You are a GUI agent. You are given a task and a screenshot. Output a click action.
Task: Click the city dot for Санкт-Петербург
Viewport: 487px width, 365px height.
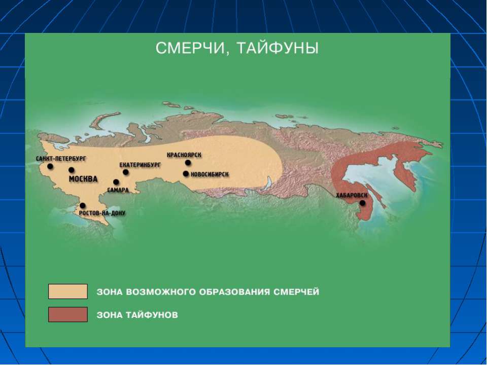[x=50, y=166]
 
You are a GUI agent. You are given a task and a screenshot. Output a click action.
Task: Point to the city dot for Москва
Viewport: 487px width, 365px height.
[x=72, y=170]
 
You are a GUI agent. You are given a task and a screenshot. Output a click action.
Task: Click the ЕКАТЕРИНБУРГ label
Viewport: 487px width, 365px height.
[x=140, y=165]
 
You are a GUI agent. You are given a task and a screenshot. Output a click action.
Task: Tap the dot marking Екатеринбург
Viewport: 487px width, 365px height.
[x=126, y=172]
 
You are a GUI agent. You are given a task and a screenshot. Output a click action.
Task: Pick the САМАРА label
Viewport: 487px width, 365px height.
[x=118, y=190]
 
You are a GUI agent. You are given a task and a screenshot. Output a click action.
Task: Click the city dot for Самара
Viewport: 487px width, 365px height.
[x=116, y=182]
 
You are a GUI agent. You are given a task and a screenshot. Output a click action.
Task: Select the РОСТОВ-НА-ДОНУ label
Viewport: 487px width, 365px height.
[x=102, y=213]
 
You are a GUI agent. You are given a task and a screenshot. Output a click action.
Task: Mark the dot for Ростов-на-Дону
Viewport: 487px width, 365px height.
[x=83, y=206]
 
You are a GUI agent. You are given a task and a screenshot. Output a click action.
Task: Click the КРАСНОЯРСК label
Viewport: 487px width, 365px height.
[x=185, y=155]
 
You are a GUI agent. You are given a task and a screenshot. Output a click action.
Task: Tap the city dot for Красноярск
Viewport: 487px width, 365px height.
[x=188, y=163]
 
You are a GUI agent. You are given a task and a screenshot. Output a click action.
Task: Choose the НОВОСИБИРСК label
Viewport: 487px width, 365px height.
[x=210, y=174]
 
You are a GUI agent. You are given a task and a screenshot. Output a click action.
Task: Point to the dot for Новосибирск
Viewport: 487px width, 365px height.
[x=186, y=174]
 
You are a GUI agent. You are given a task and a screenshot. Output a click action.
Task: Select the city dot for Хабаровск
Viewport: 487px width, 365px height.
[x=362, y=203]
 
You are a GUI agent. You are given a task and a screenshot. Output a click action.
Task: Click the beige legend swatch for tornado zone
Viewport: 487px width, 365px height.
[x=68, y=291]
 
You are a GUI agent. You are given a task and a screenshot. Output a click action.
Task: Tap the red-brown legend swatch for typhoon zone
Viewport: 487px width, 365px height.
[x=68, y=315]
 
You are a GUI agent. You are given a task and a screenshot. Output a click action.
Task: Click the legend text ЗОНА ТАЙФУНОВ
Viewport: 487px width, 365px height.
[x=137, y=315]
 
